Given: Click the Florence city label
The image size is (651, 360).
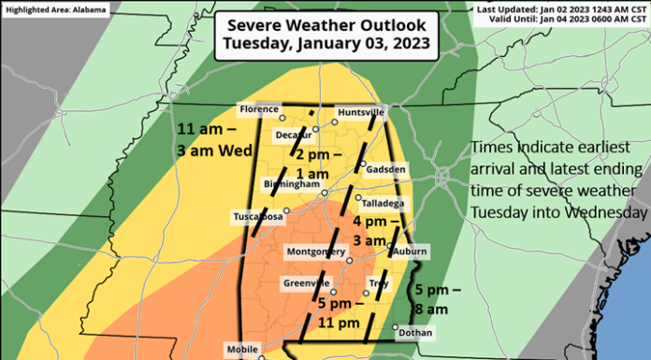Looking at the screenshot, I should [x=259, y=108].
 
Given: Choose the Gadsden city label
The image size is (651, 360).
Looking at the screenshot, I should [x=385, y=169].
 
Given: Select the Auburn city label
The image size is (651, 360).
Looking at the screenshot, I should [x=411, y=252].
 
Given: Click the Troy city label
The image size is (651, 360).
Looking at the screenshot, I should [x=378, y=282].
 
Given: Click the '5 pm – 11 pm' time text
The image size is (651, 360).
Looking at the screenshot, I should [x=340, y=314].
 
